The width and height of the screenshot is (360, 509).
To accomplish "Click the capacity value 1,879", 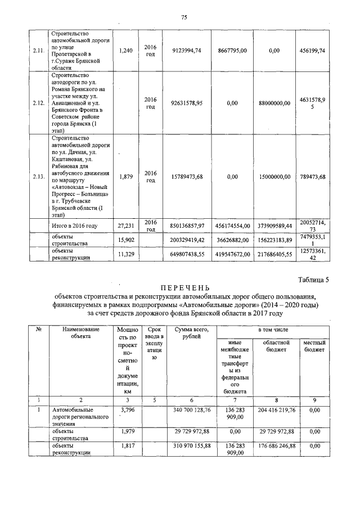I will [126, 177].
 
